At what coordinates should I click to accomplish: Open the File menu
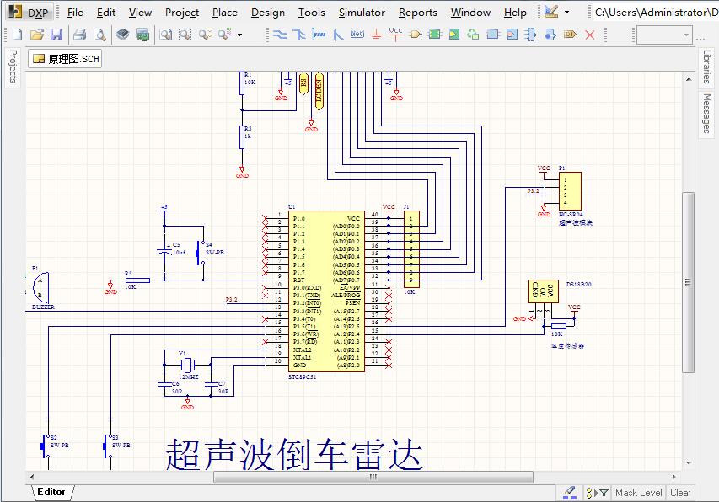click(75, 12)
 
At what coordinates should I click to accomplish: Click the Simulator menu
click(362, 12)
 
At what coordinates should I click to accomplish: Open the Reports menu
click(417, 12)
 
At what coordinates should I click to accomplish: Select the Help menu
click(515, 12)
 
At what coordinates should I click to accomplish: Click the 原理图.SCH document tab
click(66, 59)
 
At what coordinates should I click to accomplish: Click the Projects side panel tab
click(13, 66)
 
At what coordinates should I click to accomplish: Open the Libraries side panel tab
click(706, 66)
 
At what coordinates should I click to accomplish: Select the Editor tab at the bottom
click(51, 492)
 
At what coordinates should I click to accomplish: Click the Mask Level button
click(638, 493)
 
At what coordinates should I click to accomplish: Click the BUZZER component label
click(43, 307)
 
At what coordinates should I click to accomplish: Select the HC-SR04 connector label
click(571, 215)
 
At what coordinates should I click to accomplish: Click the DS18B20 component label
click(578, 285)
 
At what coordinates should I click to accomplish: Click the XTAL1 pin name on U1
click(302, 357)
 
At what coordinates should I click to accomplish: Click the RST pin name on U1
click(298, 280)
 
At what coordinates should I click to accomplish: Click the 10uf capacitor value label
click(179, 252)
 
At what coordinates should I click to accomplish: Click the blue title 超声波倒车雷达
click(293, 454)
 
